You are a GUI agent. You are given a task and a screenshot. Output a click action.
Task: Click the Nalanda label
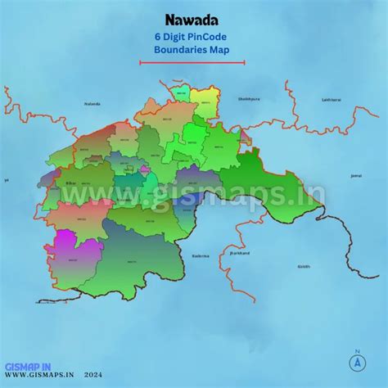91,104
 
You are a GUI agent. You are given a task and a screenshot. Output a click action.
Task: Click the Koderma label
201,255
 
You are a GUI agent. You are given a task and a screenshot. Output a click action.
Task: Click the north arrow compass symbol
358,361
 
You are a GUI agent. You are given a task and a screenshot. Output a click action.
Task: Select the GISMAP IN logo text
29,366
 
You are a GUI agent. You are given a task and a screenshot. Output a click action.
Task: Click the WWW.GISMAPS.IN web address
40,377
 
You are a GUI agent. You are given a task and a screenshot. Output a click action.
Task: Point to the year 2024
105,377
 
